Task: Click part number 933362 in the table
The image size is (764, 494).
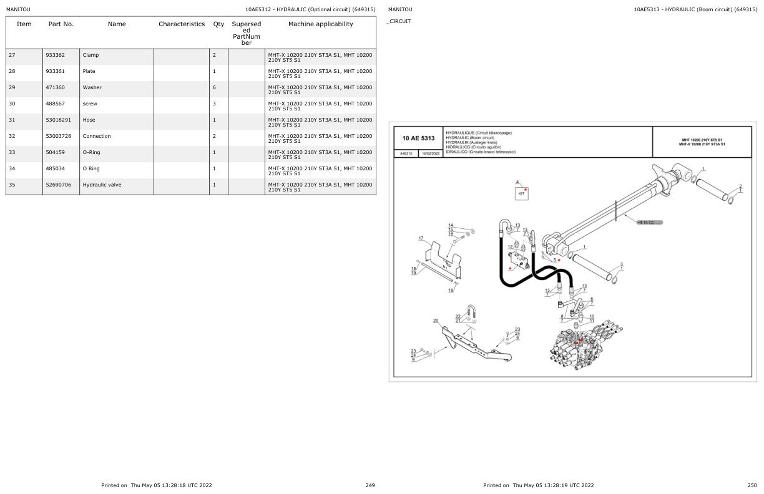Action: point(55,56)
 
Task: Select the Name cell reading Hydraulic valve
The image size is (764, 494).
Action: point(102,185)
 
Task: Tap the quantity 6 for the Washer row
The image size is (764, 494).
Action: point(214,88)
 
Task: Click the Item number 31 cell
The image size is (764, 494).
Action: point(12,120)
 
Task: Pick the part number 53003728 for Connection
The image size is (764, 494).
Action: point(58,137)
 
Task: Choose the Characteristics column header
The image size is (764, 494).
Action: point(181,24)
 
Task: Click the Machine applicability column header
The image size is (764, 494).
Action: point(320,24)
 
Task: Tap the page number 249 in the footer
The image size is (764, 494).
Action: point(370,485)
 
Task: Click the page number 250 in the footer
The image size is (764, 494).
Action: point(752,485)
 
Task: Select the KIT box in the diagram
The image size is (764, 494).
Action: point(521,194)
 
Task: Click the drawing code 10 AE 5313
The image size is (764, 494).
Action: point(418,138)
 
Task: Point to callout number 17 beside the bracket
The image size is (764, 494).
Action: point(421,238)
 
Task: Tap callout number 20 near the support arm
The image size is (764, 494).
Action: point(436,321)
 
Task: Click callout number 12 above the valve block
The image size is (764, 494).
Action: point(510,247)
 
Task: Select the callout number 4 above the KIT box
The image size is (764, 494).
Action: point(517,182)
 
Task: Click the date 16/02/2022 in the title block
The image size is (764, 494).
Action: point(430,153)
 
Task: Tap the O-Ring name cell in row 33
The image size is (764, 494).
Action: point(91,153)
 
